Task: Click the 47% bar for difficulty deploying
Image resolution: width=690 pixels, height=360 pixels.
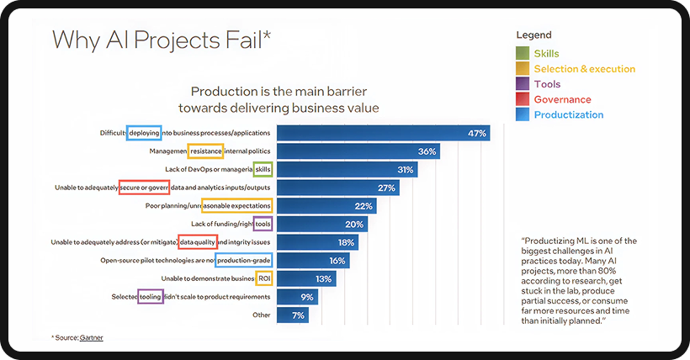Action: click(x=384, y=133)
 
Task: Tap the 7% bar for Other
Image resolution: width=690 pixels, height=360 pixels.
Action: click(x=293, y=315)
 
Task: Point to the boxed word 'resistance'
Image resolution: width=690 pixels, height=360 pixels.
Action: click(x=205, y=151)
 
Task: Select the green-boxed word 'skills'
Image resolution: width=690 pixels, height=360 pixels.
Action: click(x=263, y=169)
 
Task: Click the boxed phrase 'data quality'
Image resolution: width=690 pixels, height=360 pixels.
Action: click(x=198, y=242)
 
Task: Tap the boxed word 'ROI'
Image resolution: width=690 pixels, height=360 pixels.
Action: click(x=263, y=278)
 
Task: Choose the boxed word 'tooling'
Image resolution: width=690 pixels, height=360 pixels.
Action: click(x=151, y=296)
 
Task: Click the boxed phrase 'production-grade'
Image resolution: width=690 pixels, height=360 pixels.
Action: click(x=244, y=261)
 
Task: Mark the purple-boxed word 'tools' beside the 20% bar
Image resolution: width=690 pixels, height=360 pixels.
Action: click(x=263, y=224)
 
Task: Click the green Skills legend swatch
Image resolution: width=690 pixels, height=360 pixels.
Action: click(x=523, y=54)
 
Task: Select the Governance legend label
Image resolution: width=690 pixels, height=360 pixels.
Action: click(x=562, y=99)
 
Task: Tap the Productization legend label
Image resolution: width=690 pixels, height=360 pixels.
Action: click(x=568, y=114)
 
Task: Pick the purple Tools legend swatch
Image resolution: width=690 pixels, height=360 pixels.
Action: click(x=523, y=84)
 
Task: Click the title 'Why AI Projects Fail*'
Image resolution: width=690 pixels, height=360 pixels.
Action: click(x=162, y=40)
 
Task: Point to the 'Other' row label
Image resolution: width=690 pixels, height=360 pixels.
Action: click(x=262, y=315)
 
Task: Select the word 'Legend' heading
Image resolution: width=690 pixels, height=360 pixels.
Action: click(x=534, y=35)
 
